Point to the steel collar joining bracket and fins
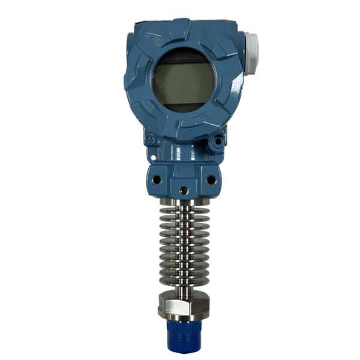(184, 197)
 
